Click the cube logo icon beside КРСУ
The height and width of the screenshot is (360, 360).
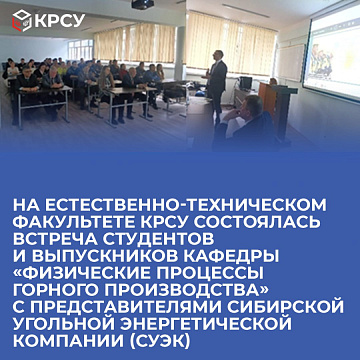22,21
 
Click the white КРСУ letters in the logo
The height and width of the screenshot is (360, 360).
60,21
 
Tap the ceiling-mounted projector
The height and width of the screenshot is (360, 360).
143,4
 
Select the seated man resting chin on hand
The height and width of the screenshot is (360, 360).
242,123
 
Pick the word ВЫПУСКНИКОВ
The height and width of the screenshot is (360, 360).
109,258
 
